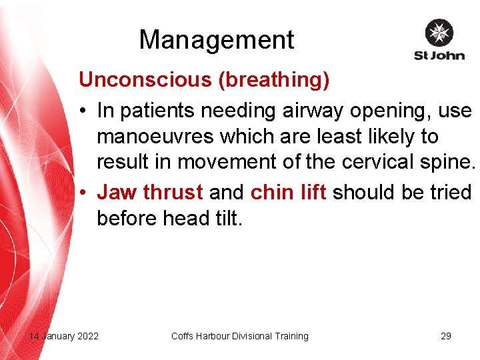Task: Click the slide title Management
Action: [216, 40]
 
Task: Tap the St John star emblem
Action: [439, 33]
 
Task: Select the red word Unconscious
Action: [145, 80]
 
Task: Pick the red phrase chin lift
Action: [288, 192]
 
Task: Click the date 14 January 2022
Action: [63, 336]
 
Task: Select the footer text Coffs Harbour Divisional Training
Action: [240, 336]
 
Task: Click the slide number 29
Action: [446, 336]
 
